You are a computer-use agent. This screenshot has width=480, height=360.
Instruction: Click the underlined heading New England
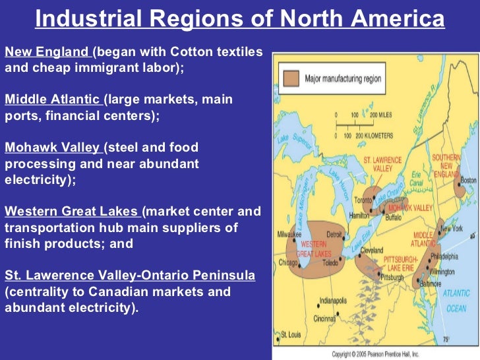coord(47,51)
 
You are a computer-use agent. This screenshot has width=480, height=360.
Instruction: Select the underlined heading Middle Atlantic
coord(53,100)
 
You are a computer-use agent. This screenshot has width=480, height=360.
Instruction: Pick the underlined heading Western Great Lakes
coord(72,212)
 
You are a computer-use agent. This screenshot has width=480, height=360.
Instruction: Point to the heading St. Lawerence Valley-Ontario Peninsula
coord(129,274)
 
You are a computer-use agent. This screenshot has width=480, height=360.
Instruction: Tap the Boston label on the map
coord(469,179)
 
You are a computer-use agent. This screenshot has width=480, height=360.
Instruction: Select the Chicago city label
coord(287,263)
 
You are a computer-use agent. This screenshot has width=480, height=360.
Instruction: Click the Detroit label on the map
coord(336,235)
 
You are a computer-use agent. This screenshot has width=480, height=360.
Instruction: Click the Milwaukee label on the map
coord(288,234)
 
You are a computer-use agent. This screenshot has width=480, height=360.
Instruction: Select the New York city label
coord(452,229)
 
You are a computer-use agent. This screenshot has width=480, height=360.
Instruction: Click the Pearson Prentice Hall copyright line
coord(376,355)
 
